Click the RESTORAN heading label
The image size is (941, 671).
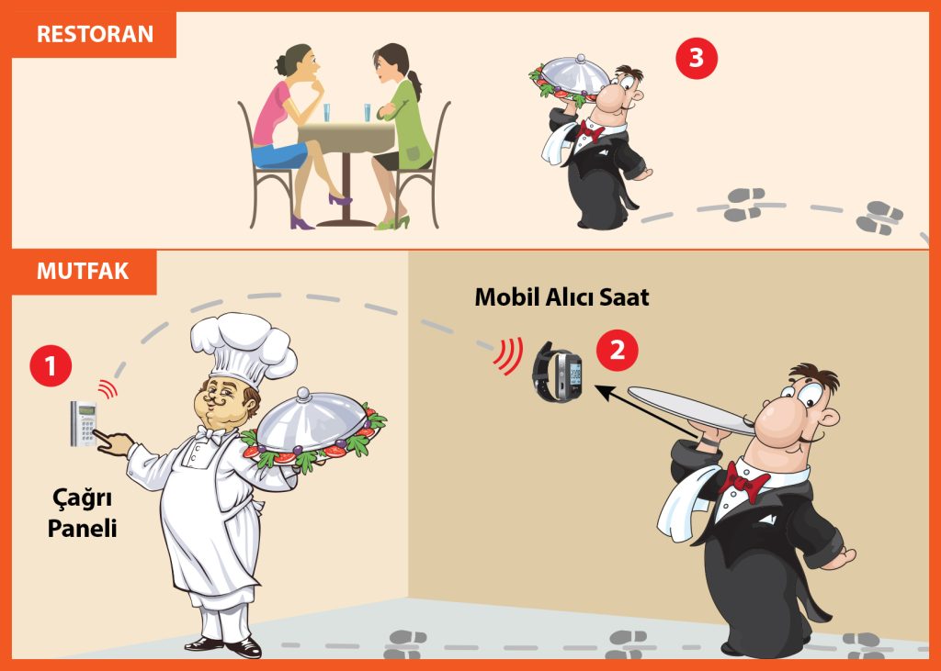pos(95,34)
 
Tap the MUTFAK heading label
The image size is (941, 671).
pos(83,271)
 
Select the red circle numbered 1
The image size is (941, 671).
pos(51,365)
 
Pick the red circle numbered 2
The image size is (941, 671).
pos(617,350)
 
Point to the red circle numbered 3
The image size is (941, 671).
pos(697,58)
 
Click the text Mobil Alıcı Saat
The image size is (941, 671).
pos(561,297)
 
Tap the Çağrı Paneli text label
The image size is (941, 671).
pos(82,513)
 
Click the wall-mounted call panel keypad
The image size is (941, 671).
pos(84,423)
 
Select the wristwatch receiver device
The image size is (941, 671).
pos(558,371)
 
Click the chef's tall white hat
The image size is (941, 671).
pos(243,349)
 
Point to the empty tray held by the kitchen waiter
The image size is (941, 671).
pos(691,410)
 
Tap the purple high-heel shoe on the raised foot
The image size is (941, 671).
pos(340,199)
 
